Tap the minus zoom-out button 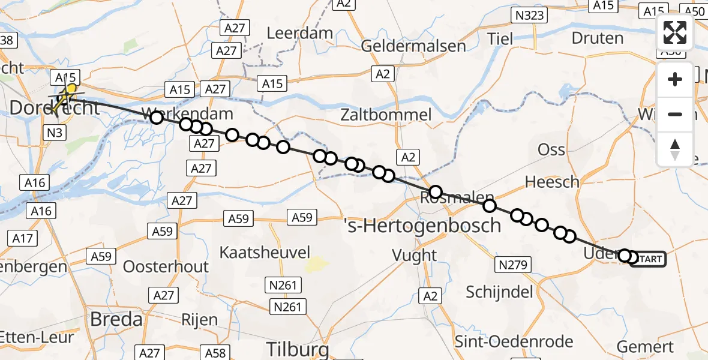pyautogui.click(x=675, y=114)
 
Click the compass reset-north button pyautogui.click(x=675, y=149)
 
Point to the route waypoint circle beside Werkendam pyautogui.click(x=156, y=118)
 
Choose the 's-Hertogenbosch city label pyautogui.click(x=422, y=226)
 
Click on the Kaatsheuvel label pyautogui.click(x=265, y=251)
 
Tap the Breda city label pyautogui.click(x=116, y=319)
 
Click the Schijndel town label pyautogui.click(x=500, y=292)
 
